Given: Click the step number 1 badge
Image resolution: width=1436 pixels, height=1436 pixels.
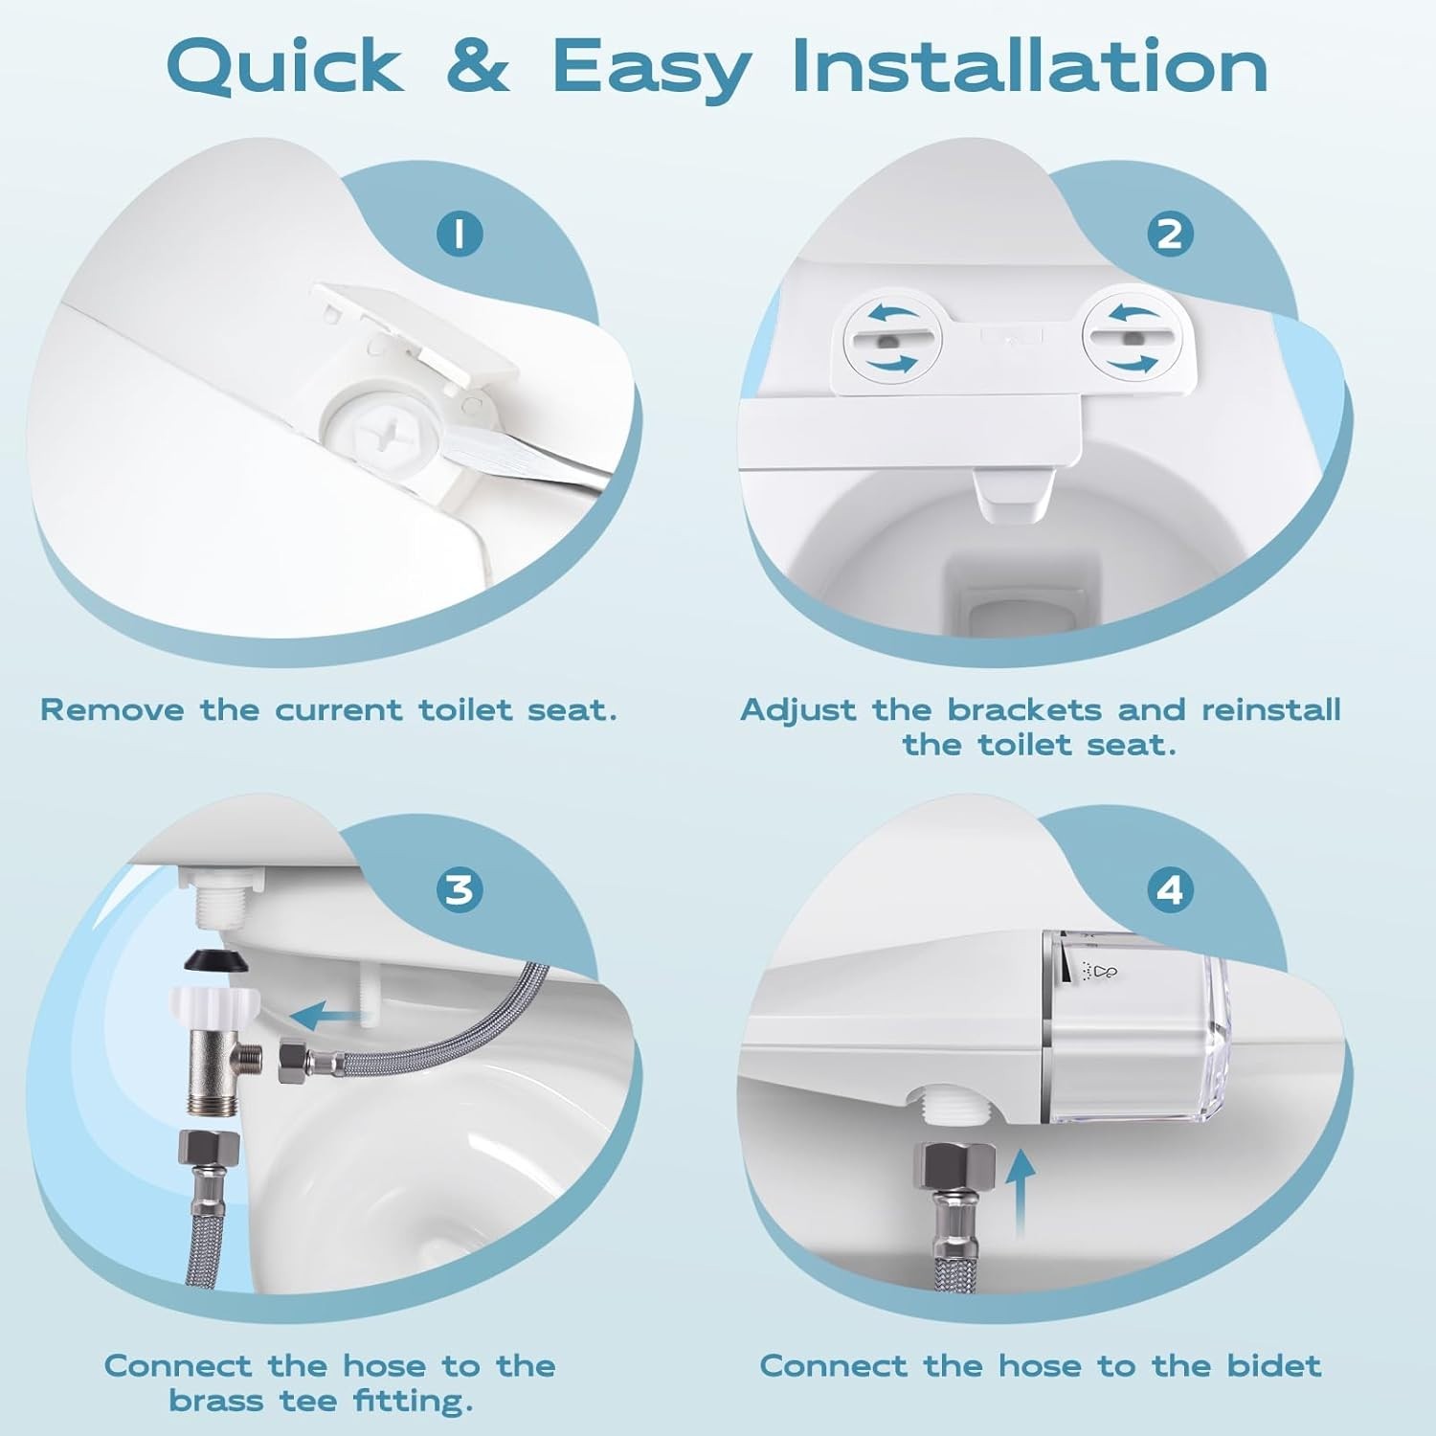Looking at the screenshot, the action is point(460,235).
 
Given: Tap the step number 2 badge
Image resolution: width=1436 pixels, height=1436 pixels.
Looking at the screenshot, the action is point(1170,235).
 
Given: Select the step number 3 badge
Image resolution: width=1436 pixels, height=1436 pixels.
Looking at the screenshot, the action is point(460,889).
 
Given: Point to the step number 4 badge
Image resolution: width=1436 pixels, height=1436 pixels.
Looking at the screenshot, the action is point(1170,889).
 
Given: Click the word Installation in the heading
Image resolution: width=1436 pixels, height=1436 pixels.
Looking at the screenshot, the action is point(1029,66).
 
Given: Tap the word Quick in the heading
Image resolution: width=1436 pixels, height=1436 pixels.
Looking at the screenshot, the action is point(284,66).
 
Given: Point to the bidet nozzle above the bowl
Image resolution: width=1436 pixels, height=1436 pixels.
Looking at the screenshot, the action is point(1013,494).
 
